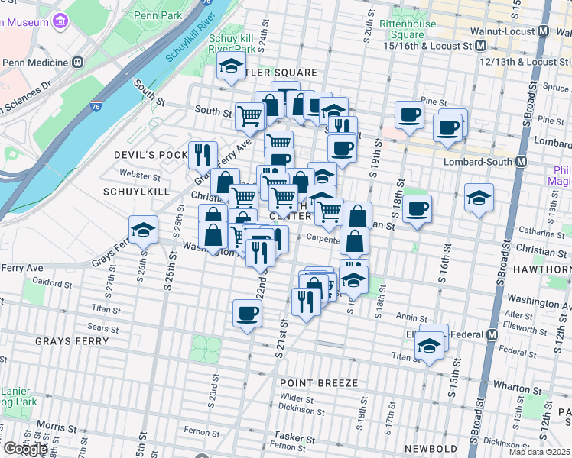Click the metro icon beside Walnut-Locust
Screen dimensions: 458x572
[x=544, y=31]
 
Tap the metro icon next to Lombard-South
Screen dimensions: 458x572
[x=522, y=162]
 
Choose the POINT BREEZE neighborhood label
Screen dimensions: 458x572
[x=318, y=382]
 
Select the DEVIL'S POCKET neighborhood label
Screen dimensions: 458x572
[x=150, y=155]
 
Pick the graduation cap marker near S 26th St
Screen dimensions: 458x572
[x=143, y=228]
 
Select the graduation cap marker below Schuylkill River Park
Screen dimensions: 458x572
[x=230, y=67]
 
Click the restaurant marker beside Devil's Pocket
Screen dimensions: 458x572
[x=202, y=154]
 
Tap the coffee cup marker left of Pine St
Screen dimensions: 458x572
[x=409, y=114]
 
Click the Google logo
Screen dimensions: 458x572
[x=25, y=449]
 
